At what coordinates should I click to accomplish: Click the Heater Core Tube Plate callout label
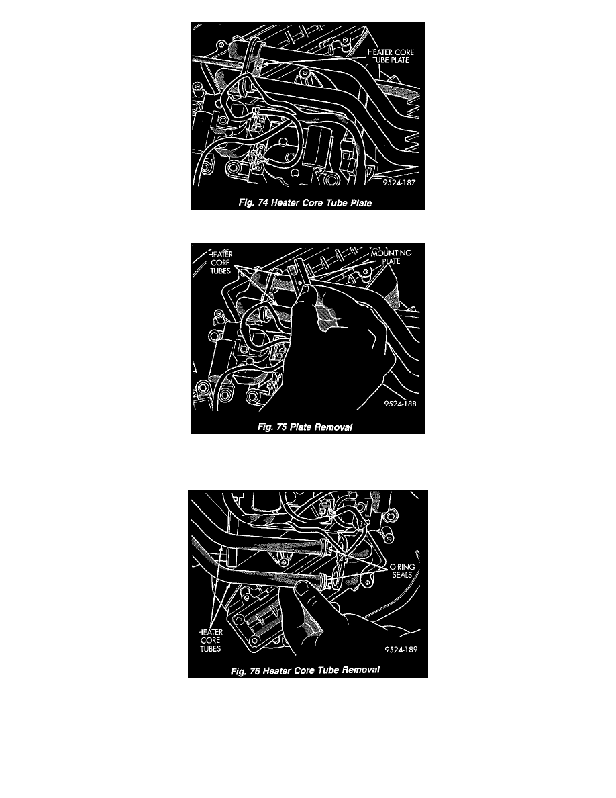tap(391, 56)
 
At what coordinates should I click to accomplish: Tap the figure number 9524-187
tap(399, 183)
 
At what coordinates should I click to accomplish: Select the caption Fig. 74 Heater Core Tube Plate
tap(305, 203)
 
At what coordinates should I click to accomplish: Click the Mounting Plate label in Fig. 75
tap(391, 257)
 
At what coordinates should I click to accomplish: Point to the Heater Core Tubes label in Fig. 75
tap(221, 262)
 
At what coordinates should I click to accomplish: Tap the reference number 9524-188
tap(400, 404)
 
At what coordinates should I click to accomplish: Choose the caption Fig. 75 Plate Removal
tap(305, 427)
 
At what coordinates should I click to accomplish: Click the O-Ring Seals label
tap(402, 570)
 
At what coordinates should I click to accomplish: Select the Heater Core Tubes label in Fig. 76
tap(211, 640)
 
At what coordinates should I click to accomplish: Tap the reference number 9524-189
tap(401, 650)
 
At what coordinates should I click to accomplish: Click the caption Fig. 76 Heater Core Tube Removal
tap(305, 670)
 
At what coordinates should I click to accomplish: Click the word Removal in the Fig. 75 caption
tap(333, 427)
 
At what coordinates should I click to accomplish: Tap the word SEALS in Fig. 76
tap(402, 575)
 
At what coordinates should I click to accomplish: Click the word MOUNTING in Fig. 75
tap(391, 253)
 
